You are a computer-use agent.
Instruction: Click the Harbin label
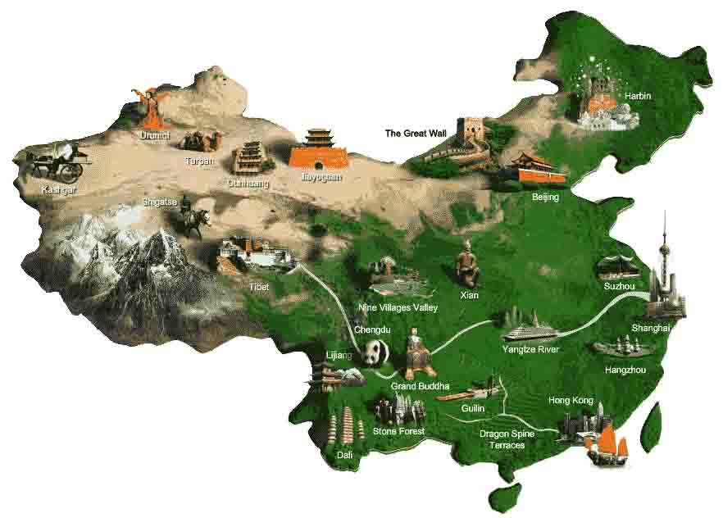click(x=638, y=96)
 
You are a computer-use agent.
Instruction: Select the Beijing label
click(x=545, y=198)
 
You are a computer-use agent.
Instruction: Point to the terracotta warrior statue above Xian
click(x=467, y=263)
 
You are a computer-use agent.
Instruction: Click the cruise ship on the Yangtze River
click(x=530, y=332)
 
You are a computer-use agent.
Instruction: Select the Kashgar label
click(x=59, y=190)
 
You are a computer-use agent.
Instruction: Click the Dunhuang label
click(x=248, y=184)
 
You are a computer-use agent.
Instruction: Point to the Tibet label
click(x=258, y=287)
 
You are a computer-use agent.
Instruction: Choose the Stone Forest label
click(x=398, y=431)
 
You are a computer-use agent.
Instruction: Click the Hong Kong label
click(x=571, y=401)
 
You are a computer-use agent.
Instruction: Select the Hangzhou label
click(x=625, y=370)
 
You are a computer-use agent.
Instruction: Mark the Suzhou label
click(x=619, y=286)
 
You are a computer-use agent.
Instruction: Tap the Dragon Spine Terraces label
click(x=507, y=439)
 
